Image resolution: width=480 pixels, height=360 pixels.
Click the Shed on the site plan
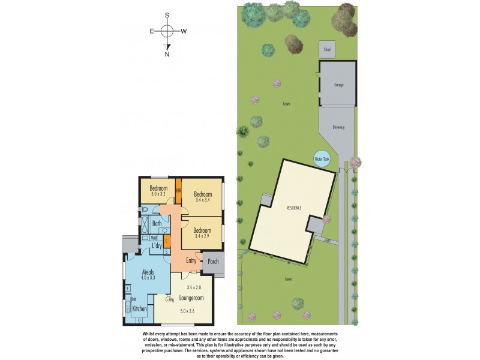coord(327,49)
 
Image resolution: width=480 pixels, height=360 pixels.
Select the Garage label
coord(339,85)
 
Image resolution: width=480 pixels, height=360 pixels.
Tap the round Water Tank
coord(322,159)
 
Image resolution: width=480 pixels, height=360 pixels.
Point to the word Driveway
coord(339,127)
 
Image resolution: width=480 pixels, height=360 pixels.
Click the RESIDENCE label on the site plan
coord(293,208)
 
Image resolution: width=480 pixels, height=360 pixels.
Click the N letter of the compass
coord(167,54)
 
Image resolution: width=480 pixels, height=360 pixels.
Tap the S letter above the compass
coord(167,14)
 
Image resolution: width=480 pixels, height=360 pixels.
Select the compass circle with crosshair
coord(167,31)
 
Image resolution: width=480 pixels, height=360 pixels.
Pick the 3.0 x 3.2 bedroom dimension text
coord(158,194)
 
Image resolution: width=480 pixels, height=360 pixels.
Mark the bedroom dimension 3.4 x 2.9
coord(202,236)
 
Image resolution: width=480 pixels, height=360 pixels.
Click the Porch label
coord(213,262)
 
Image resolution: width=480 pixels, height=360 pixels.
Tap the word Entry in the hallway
coord(191,260)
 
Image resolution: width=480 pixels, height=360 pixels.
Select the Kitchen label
coord(140,308)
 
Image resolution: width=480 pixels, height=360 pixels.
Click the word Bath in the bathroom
coord(157,223)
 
